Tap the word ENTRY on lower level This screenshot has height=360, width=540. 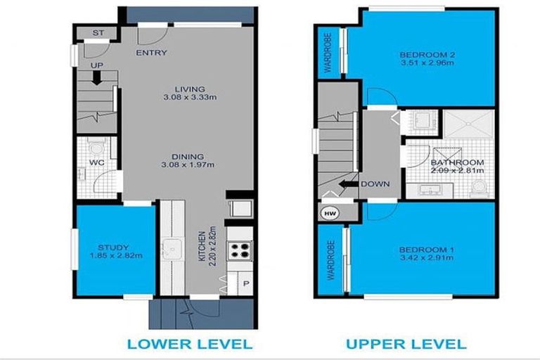tap(151, 53)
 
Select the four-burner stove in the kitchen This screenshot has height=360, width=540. tap(239, 250)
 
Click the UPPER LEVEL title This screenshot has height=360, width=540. tap(405, 344)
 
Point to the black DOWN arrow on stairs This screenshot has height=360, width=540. tap(347, 185)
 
